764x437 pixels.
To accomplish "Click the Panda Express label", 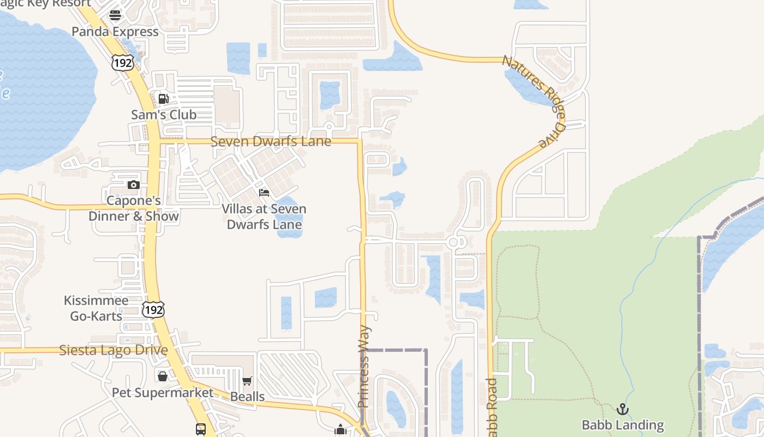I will pos(115,32).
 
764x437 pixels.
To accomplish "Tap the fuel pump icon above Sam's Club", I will pos(163,99).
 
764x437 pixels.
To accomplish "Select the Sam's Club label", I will pos(164,115).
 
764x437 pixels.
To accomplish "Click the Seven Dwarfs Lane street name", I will pos(271,141).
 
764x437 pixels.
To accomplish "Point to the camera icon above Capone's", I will pos(134,185).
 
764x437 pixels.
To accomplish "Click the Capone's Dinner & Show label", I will pos(134,208).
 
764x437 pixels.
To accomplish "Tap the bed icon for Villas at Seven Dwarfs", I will pos(264,193).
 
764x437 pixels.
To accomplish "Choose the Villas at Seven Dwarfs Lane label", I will pos(264,216).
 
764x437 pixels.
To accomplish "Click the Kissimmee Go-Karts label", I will pos(96,308).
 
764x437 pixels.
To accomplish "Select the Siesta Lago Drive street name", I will pos(113,350).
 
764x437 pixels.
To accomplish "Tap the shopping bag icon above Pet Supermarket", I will pos(163,376).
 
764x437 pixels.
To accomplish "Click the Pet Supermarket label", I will pos(163,393).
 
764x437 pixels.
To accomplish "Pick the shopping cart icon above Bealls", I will pos(247,381).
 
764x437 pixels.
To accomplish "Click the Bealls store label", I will pos(247,397).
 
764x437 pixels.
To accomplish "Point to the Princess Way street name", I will pos(364,367).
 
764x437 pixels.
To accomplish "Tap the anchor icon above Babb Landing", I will pos(623,409).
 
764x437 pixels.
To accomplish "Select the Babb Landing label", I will pos(623,425).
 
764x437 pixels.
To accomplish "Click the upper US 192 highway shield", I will pos(122,63).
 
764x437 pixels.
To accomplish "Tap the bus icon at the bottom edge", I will pos(201,429).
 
